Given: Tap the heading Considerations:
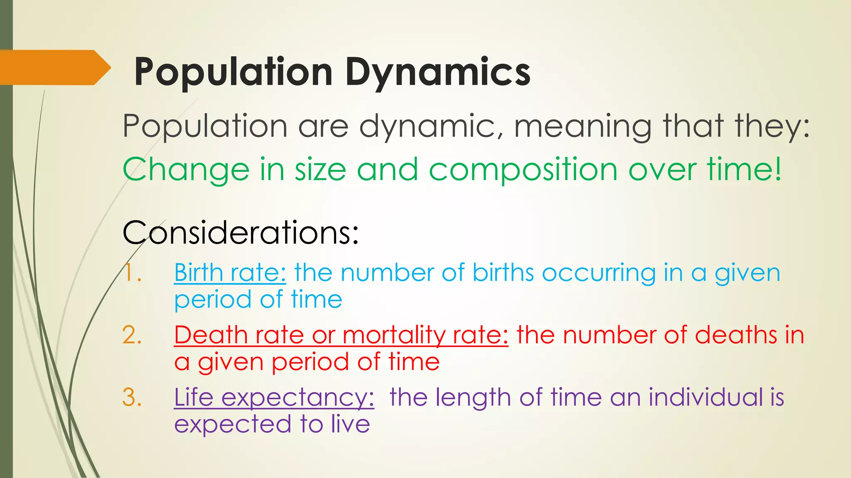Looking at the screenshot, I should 241,232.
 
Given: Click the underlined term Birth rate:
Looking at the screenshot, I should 230,273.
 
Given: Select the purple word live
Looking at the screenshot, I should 350,424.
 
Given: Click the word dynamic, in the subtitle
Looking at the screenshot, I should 431,127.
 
